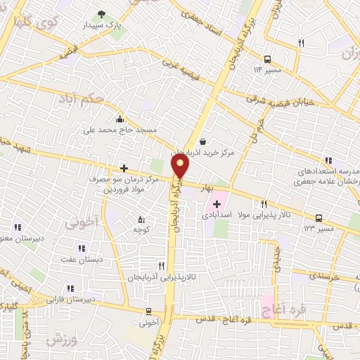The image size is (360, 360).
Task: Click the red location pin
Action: (181, 166)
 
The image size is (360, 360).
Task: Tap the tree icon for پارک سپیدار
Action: (103, 14)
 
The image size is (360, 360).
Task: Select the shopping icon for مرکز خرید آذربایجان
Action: (202, 141)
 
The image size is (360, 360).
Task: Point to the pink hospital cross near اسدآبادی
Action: (216, 204)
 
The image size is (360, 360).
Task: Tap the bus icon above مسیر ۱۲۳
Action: (319, 218)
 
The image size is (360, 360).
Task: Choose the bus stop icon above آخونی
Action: (148, 311)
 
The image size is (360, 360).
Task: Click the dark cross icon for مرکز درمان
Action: (124, 168)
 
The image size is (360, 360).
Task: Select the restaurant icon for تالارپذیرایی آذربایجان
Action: (162, 266)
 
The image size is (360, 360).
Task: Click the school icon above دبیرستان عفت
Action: (82, 247)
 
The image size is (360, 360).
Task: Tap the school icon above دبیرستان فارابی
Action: (70, 288)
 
